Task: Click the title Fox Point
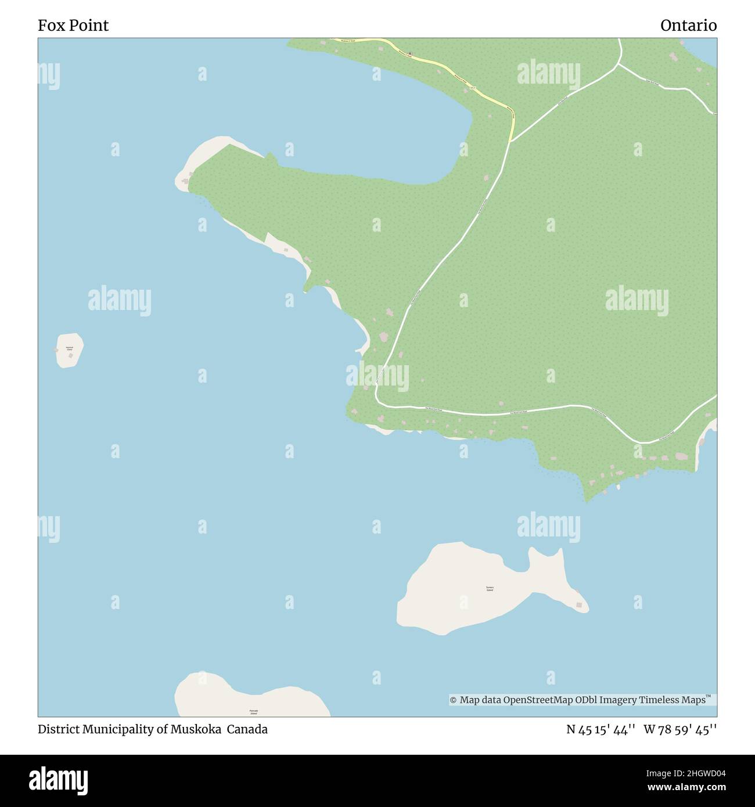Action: pyautogui.click(x=73, y=26)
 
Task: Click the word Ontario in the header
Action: pyautogui.click(x=688, y=26)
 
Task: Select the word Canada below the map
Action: pyautogui.click(x=247, y=729)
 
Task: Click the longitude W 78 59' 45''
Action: pyautogui.click(x=680, y=729)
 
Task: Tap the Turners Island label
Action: pyautogui.click(x=490, y=589)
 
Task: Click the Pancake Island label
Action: pyautogui.click(x=253, y=712)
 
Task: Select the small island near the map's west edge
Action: pyautogui.click(x=70, y=350)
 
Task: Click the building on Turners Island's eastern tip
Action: pyautogui.click(x=578, y=606)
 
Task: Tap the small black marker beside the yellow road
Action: pyautogui.click(x=410, y=55)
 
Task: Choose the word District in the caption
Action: pyautogui.click(x=57, y=729)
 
